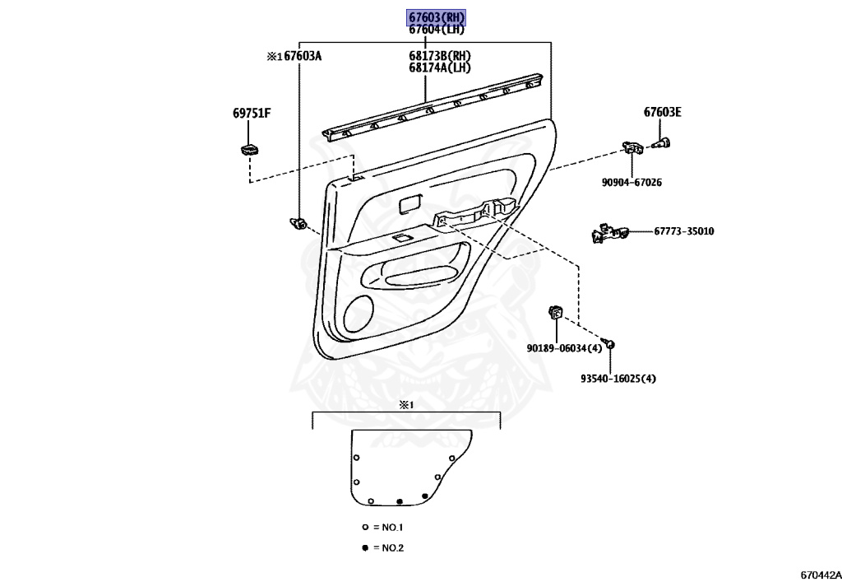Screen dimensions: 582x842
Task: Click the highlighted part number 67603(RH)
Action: point(437,17)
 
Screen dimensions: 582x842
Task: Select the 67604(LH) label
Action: point(437,30)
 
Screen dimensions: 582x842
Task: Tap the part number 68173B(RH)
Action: point(440,57)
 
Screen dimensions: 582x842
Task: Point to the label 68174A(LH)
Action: point(440,68)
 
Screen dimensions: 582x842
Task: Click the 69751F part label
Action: point(251,114)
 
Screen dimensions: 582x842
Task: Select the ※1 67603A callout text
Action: point(294,57)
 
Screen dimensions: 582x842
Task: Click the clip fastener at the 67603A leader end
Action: point(299,222)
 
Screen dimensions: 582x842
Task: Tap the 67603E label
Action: point(663,113)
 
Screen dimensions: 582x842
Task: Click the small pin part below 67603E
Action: point(663,144)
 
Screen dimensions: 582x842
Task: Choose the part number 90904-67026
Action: point(631,182)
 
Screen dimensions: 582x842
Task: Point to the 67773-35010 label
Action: point(684,231)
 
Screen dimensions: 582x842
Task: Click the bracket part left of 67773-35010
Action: point(608,233)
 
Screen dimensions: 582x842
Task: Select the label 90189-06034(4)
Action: point(564,348)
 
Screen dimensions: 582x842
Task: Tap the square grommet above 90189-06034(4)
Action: point(556,311)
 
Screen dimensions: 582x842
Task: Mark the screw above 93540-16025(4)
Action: point(609,342)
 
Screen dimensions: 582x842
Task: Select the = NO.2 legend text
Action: point(388,547)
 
